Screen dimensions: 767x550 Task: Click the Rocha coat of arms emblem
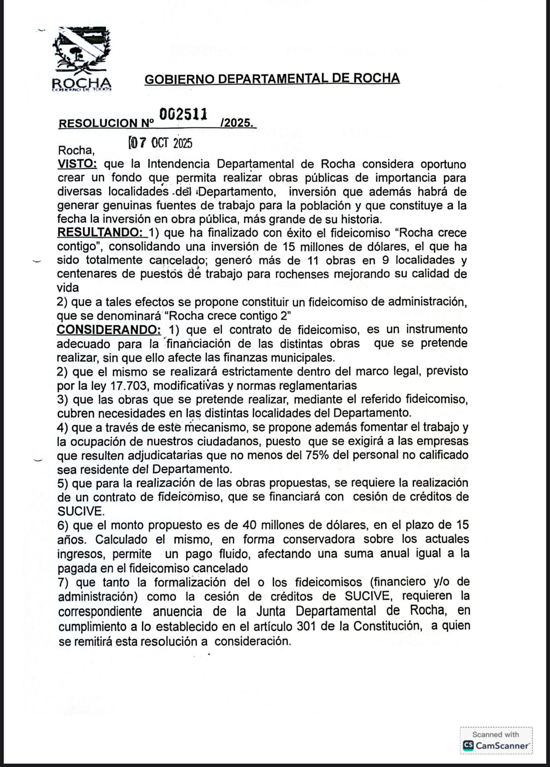(82, 50)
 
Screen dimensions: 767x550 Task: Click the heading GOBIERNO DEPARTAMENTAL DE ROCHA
(272, 78)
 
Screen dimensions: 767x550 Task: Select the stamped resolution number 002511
(183, 114)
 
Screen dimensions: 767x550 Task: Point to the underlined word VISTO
(77, 164)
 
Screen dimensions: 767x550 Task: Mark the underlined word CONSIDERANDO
(109, 330)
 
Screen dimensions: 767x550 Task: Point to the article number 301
(306, 626)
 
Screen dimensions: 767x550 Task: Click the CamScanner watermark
(496, 740)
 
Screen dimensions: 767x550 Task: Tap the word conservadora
(319, 539)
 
